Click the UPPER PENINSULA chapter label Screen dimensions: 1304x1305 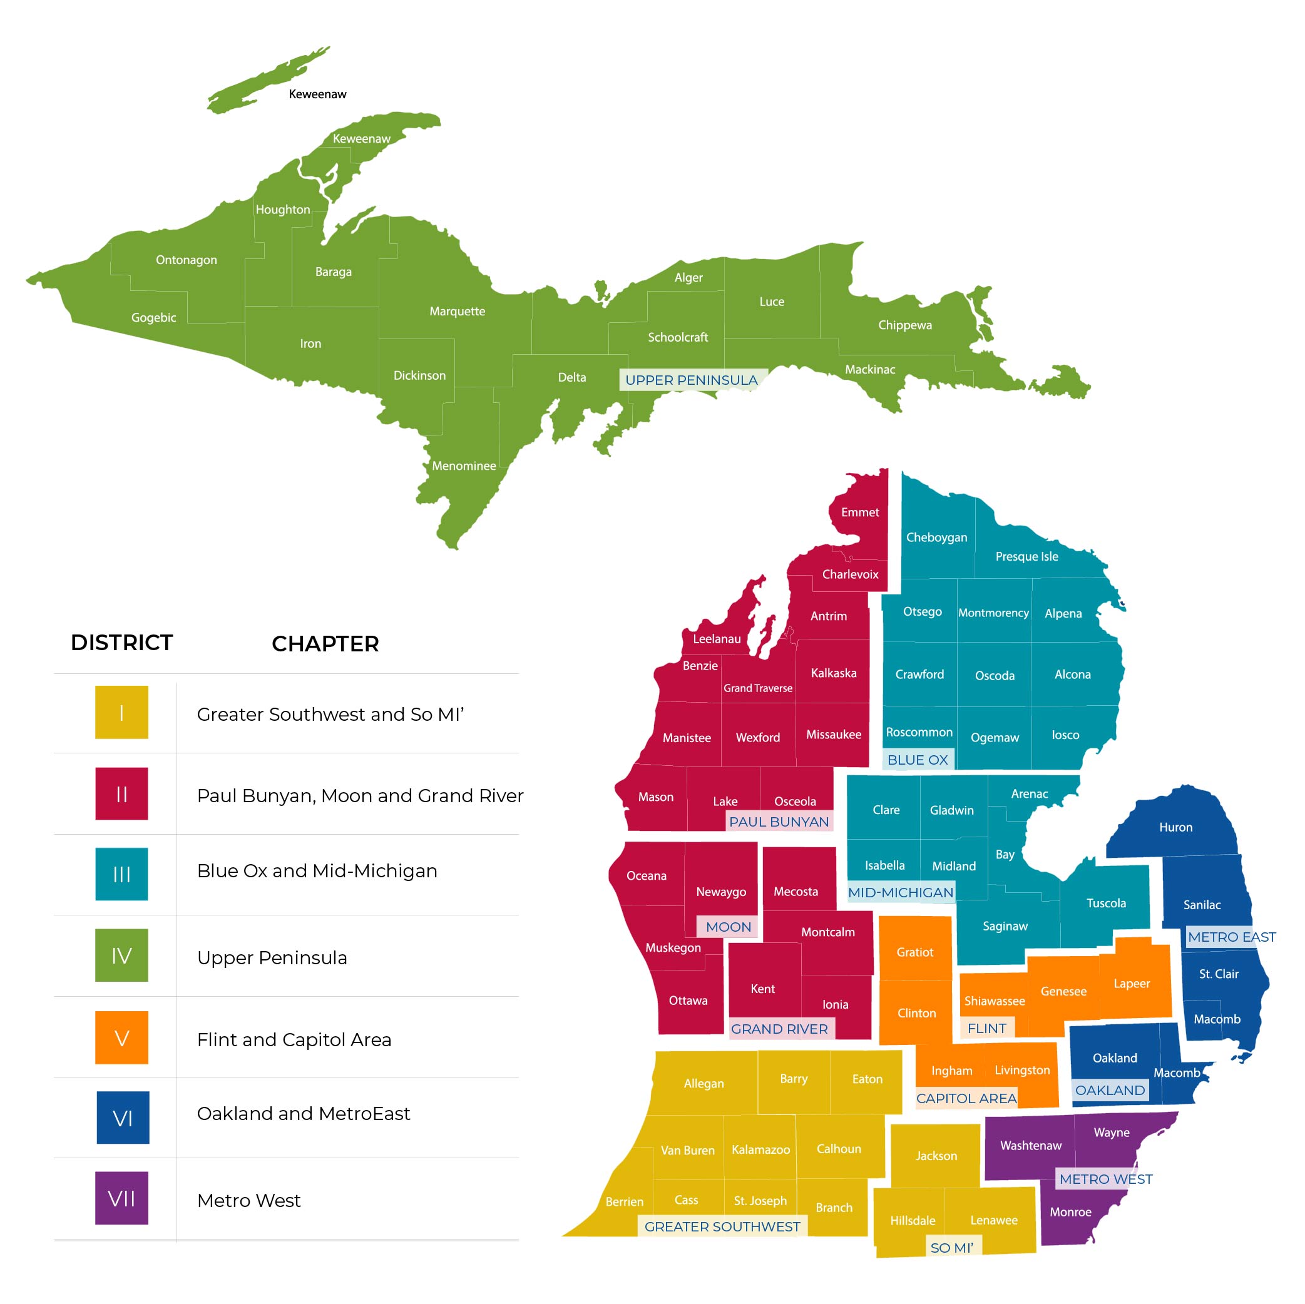tap(691, 380)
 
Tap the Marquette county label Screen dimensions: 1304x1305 tap(458, 312)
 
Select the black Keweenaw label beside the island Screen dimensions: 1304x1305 tap(317, 94)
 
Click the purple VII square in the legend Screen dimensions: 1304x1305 tap(121, 1198)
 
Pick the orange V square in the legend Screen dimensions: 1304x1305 tap(121, 1037)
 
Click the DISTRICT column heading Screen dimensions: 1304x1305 tap(121, 642)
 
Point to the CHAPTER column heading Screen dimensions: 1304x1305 tap(325, 644)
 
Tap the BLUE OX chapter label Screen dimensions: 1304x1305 tap(918, 760)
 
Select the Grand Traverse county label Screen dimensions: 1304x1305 tap(758, 688)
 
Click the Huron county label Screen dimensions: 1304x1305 tap(1175, 827)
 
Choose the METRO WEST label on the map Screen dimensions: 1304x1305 tap(1105, 1179)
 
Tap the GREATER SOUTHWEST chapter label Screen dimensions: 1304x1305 tap(722, 1226)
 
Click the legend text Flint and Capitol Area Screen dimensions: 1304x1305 tap(294, 1039)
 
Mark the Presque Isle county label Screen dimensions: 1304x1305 tap(1026, 556)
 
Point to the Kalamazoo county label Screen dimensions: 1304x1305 tap(760, 1149)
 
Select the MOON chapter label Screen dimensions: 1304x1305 tap(728, 927)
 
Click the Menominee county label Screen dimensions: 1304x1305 tap(464, 466)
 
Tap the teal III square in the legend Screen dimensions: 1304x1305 tap(121, 874)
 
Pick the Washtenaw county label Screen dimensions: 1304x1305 tap(1031, 1145)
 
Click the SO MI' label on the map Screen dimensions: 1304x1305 tap(952, 1248)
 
